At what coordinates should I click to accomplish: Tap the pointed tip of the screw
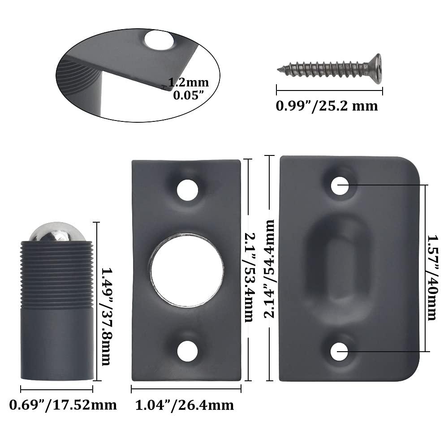point(278,69)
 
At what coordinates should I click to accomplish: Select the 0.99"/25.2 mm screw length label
point(327,106)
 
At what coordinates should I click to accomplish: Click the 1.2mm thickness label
point(189,82)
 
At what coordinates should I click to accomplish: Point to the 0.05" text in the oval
point(189,95)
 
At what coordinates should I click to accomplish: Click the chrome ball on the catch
point(57,232)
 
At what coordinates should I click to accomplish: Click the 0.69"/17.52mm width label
point(63,405)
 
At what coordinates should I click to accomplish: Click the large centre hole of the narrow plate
point(187,271)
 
